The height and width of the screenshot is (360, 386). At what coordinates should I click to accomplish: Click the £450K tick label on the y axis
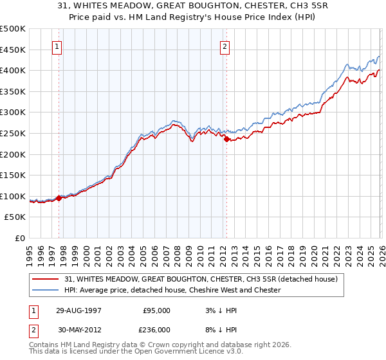[x=13, y=50]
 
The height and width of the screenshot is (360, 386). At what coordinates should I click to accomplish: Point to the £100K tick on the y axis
[x=13, y=196]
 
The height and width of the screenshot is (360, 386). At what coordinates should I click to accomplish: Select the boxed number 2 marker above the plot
[x=225, y=46]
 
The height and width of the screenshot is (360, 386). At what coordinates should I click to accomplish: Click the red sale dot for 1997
[x=59, y=198]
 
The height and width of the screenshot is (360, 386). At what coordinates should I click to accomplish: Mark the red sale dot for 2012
[x=226, y=138]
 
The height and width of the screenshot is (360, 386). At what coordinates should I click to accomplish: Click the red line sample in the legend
[x=47, y=279]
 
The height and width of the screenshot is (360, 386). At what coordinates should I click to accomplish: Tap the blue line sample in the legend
[x=47, y=290]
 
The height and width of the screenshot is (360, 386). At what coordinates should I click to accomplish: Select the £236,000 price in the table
[x=156, y=331]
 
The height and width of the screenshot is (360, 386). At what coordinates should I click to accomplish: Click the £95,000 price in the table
[x=156, y=310]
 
